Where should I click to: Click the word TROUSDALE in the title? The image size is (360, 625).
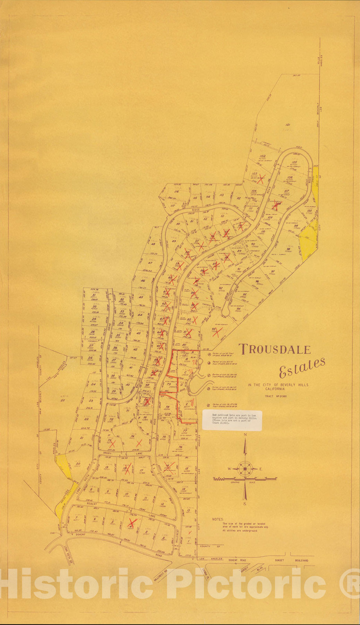[275, 349]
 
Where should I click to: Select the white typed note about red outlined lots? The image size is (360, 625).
[232, 420]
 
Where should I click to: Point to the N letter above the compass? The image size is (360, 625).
[245, 434]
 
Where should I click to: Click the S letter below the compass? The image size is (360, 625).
[245, 504]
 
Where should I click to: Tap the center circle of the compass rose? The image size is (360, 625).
[245, 468]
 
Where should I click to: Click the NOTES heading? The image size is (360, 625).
[218, 520]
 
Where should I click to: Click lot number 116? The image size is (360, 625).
[177, 191]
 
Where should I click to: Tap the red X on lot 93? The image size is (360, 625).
[217, 332]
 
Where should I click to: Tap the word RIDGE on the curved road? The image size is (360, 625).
[195, 210]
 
